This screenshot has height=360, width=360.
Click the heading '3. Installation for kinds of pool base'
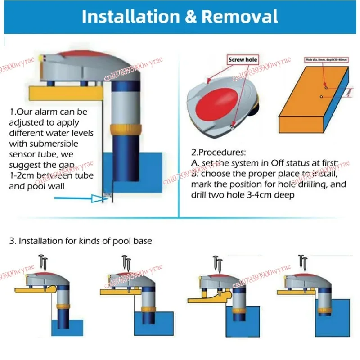click(81, 241)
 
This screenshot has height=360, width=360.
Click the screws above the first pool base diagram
click(44, 261)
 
